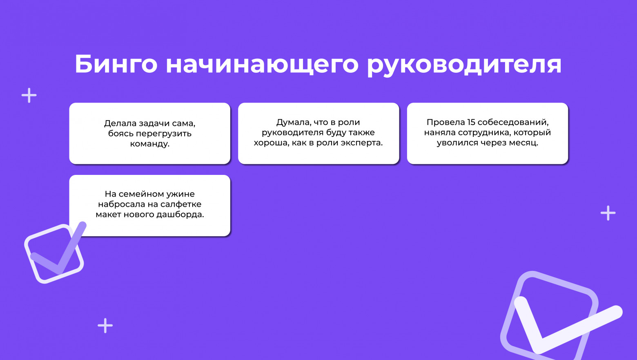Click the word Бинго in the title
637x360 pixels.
[x=116, y=64]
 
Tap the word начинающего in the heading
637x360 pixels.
[x=262, y=64]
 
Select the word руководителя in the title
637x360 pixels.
[x=464, y=64]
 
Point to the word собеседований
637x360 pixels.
[x=513, y=122]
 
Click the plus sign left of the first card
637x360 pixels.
[x=29, y=96]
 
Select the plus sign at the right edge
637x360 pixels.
[x=608, y=213]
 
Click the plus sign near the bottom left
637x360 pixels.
[x=105, y=326]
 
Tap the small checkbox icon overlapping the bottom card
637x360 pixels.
[x=54, y=254]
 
